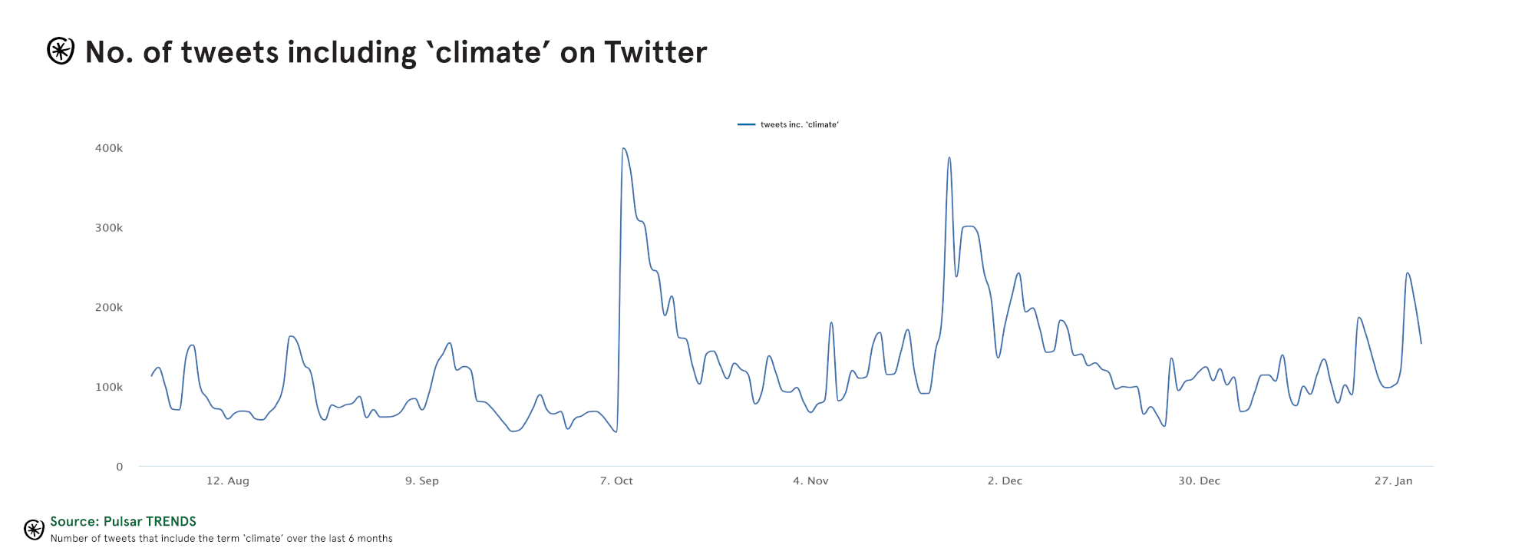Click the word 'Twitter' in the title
655,52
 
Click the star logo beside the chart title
61,51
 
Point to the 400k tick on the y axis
109,148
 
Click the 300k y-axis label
109,228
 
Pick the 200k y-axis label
109,308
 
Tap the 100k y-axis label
109,388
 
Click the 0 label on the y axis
119,467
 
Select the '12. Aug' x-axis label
228,481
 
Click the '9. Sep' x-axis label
422,481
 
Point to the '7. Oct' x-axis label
616,481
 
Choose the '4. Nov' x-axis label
810,481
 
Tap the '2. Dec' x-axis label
1005,481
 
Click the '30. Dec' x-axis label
1199,481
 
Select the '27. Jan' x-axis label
1393,481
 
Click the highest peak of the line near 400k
623,149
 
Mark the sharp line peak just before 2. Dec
949,158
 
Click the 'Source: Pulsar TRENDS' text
124,522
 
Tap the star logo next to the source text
34,530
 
